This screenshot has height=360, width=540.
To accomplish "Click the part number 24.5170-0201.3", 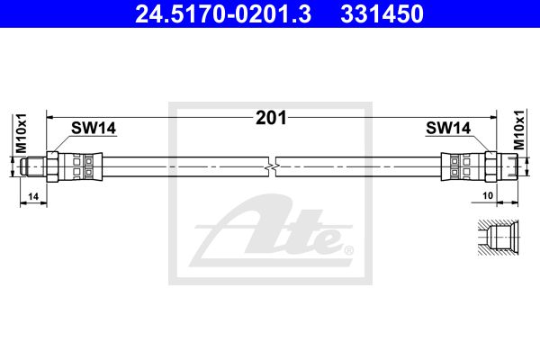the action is [x=223, y=14].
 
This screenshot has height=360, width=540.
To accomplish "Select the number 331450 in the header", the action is [x=382, y=14].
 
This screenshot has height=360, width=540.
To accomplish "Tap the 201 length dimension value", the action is [x=271, y=118].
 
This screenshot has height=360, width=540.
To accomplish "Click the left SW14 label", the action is [x=94, y=128].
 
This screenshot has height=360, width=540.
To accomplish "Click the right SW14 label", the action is [x=448, y=128].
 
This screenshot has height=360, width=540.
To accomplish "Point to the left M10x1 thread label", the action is [x=22, y=133].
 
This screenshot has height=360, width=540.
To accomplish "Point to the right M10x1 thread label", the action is [x=519, y=130].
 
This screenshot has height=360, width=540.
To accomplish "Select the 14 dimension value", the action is [x=33, y=197].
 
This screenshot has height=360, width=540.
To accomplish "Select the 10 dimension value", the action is [x=488, y=195].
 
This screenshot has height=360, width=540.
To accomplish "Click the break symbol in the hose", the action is [x=272, y=166].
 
